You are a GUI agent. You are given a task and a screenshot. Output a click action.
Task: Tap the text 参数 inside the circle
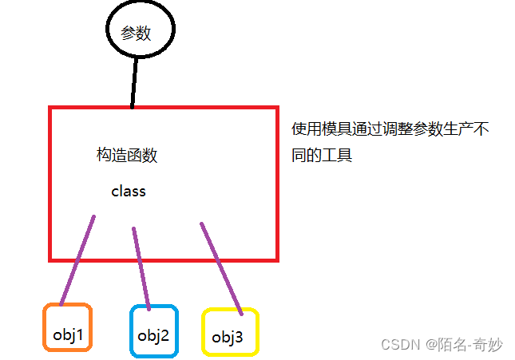click(135, 33)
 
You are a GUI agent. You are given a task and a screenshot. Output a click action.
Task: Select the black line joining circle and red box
click(134, 82)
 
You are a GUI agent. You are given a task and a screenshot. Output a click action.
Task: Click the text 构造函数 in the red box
click(127, 156)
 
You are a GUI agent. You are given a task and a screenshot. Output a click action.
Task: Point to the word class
click(129, 192)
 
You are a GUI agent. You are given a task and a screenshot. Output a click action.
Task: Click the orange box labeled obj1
click(68, 327)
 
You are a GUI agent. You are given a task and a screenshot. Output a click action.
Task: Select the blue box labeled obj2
click(154, 330)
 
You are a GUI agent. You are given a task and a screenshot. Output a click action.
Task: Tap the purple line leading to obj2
click(141, 268)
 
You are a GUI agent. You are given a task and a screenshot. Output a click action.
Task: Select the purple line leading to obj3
click(221, 267)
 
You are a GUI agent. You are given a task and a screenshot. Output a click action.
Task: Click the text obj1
click(69, 334)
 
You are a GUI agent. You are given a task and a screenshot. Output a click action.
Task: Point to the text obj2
click(153, 335)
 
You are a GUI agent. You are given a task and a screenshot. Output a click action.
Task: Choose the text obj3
click(228, 338)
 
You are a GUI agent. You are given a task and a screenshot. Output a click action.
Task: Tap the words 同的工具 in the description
click(323, 155)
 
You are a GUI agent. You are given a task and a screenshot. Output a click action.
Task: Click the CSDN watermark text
click(401, 343)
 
